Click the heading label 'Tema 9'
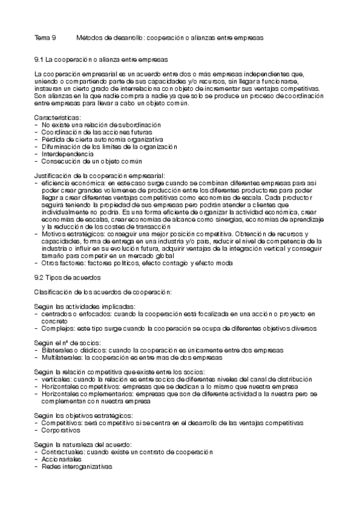coord(45,37)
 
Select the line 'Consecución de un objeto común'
coord(92,161)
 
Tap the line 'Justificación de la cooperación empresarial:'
coord(95,175)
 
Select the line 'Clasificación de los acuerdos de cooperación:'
coord(103,292)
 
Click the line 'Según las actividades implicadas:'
coord(85,306)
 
